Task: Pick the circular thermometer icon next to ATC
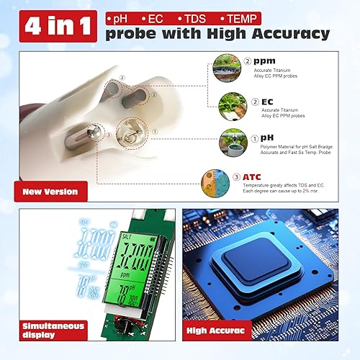pos(233,183)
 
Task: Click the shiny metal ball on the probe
pos(112,133)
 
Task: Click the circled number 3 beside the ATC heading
pos(256,177)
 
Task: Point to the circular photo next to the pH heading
pos(233,144)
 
